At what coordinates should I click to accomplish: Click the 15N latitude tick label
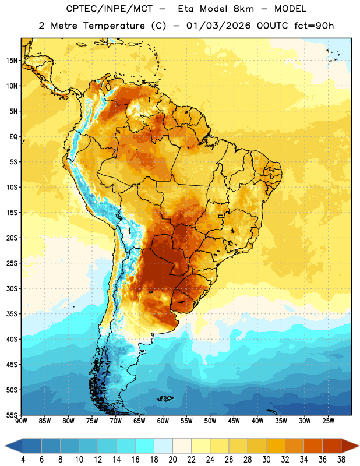tap(12, 61)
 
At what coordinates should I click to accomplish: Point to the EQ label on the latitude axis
tap(13, 137)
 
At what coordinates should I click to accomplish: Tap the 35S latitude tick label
tap(12, 314)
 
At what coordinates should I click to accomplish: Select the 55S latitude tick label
tap(12, 415)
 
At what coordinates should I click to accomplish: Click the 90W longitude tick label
tap(21, 421)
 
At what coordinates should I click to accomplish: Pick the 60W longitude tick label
tap(163, 421)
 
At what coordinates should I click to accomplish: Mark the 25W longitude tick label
tap(328, 421)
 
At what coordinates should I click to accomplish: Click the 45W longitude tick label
tap(234, 421)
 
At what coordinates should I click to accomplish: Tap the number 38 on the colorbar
tap(341, 460)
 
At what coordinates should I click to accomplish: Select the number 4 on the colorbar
tap(23, 460)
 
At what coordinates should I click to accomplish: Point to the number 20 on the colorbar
tap(172, 460)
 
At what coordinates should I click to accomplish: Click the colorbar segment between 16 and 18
tap(145, 446)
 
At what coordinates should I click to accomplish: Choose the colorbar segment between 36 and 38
tap(332, 446)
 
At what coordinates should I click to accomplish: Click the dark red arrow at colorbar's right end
tap(350, 446)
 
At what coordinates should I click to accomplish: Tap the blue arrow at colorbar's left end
tap(14, 446)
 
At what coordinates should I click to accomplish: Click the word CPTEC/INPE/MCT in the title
tap(110, 9)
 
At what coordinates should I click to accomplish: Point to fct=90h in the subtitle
tap(314, 26)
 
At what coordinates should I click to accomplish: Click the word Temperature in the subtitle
tap(114, 26)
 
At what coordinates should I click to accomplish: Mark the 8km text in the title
tap(243, 9)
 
